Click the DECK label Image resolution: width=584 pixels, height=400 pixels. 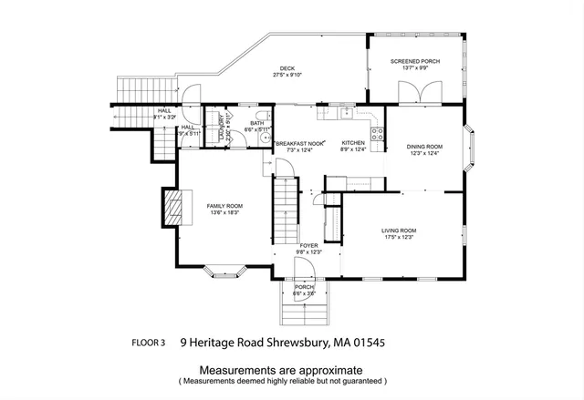(287, 68)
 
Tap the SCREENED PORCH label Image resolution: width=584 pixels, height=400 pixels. (415, 61)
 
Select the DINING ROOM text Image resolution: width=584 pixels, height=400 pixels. (424, 147)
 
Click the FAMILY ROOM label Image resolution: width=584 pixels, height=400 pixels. (224, 206)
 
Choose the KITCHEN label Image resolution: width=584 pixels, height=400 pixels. (353, 143)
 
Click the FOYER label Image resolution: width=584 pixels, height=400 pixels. (308, 246)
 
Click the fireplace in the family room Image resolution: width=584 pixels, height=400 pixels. (172, 208)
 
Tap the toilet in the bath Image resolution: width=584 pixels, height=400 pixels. (261, 116)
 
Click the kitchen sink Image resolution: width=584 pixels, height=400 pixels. (346, 114)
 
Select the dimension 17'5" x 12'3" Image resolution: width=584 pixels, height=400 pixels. (399, 238)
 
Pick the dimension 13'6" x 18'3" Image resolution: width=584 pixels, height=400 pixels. (224, 213)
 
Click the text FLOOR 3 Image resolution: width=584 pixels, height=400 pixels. (149, 344)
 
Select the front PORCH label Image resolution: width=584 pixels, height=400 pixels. (303, 287)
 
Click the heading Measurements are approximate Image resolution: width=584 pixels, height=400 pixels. (282, 370)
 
